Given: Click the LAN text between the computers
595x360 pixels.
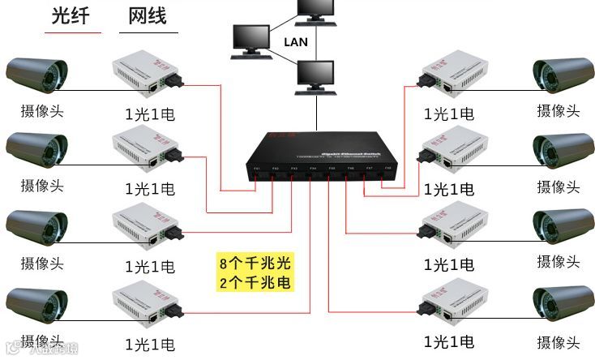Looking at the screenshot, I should point(296,42).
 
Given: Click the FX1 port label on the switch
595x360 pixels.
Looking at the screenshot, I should point(257,168).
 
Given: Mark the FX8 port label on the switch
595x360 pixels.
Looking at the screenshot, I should point(388,168).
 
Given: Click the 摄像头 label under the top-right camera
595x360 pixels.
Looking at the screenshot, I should point(559,111).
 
